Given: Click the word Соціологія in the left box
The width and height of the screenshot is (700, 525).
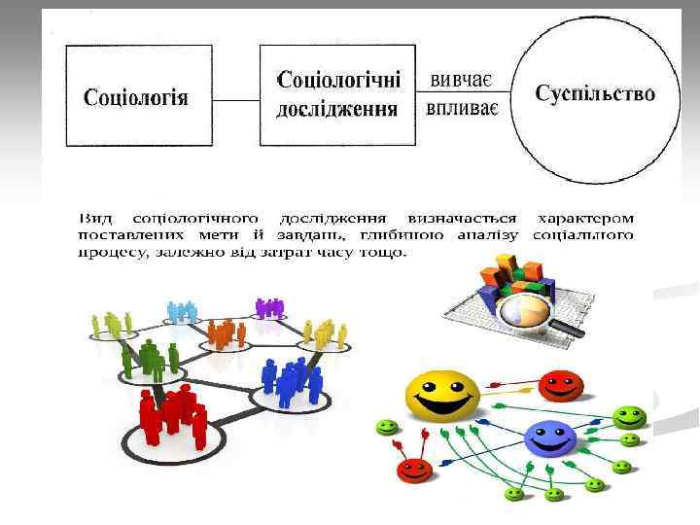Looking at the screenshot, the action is (x=136, y=97).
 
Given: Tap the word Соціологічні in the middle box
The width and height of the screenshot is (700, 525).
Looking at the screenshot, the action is (x=338, y=82).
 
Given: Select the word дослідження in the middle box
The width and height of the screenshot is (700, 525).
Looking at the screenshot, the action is (x=337, y=108).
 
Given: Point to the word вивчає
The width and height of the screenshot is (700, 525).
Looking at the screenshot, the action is (x=461, y=78).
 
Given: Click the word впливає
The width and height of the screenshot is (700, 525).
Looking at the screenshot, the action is (x=462, y=106).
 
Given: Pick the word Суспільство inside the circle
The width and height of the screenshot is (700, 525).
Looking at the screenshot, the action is (x=595, y=93).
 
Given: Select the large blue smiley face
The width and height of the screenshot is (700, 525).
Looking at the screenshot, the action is (x=550, y=439).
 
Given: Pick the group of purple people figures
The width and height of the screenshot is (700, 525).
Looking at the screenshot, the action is (x=268, y=307).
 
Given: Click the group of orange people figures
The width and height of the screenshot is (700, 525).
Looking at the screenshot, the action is (x=226, y=332).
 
